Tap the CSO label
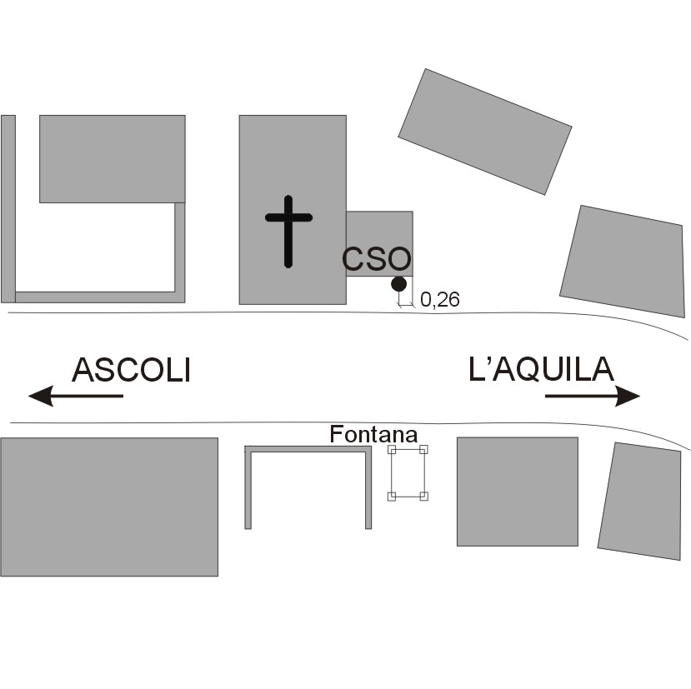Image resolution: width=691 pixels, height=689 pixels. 377,259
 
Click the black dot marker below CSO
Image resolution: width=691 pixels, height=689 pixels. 398,284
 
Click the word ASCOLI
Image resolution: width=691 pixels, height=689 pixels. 132,370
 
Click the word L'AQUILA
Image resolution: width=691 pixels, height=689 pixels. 542,370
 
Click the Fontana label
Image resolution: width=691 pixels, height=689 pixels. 373,434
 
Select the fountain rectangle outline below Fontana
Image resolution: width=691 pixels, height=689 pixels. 408,473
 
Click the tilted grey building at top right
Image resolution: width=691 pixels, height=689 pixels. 484,131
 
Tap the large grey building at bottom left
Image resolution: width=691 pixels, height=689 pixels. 108,507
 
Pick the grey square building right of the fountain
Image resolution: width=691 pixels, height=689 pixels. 517,492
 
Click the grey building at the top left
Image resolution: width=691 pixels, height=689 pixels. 112,158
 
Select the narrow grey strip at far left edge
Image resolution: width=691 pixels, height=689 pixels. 8,208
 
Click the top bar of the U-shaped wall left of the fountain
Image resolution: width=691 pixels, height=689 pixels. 308,449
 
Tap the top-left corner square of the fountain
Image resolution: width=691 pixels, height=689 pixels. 392,450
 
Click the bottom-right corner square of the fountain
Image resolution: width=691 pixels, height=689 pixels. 424,497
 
